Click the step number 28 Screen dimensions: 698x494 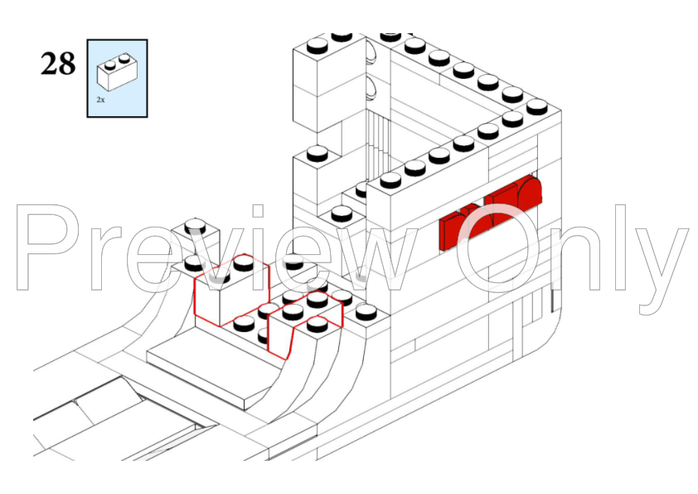click(58, 64)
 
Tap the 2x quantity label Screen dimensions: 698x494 click(100, 100)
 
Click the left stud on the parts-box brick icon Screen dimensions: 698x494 click(109, 65)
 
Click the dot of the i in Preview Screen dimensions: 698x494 click(258, 211)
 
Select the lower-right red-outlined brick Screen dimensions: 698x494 click(306, 322)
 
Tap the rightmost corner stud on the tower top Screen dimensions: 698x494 click(536, 107)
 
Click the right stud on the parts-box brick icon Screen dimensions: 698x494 click(124, 58)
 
